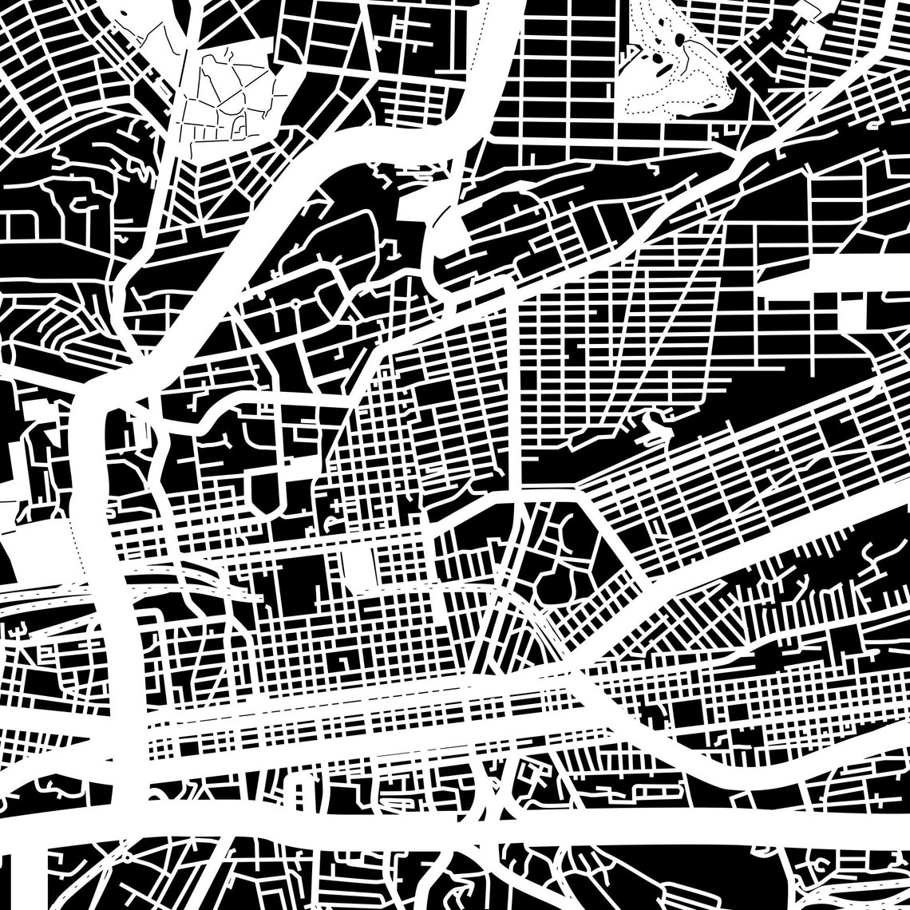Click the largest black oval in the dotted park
click(679, 39)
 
